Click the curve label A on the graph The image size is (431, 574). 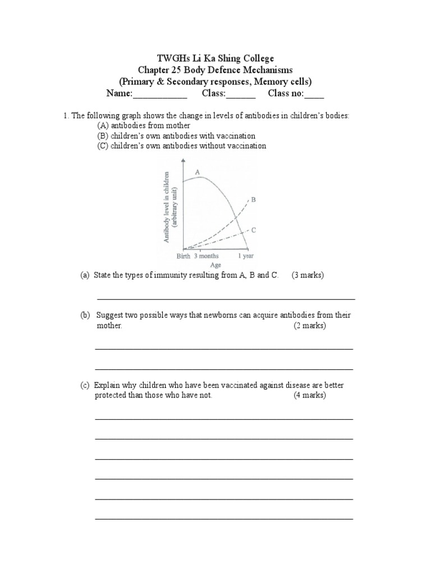pos(198,171)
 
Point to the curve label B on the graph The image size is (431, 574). pos(254,199)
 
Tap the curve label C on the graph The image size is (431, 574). pos(254,230)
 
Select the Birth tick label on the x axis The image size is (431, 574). pos(184,256)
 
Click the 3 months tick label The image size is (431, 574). pos(207,256)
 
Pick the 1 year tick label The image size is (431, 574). pos(245,256)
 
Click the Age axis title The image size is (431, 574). pos(215,265)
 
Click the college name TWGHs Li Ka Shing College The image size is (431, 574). pos(215,58)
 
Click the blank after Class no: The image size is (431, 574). pos(314,94)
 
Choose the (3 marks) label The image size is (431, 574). pos(308,276)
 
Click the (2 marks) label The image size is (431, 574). pos(309,326)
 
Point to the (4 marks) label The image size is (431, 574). pos(309,395)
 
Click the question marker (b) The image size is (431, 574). pos(85,316)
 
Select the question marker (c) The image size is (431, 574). pos(85,386)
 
